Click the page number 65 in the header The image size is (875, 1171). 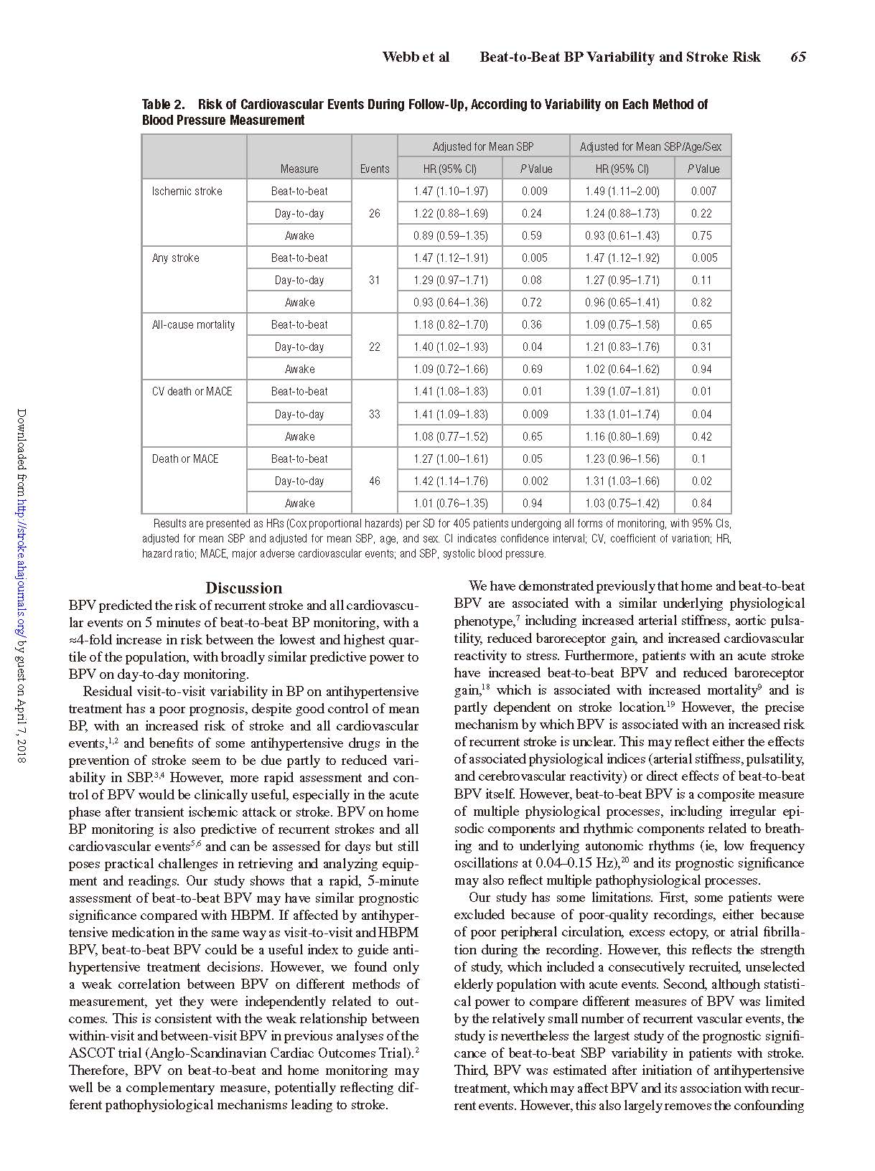coord(797,57)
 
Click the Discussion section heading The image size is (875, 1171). coord(243,588)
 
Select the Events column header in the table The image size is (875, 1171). coord(374,169)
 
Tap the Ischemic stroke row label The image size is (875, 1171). coord(187,191)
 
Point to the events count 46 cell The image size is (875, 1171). coord(374,481)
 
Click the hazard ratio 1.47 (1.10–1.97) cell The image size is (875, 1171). coord(450,191)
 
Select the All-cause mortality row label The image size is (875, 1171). coord(193,324)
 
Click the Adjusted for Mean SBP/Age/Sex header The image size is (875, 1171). coord(650,146)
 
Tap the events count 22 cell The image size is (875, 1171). coord(374,347)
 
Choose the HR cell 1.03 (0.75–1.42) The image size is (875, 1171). coord(622,503)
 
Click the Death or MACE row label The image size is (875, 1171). coord(184,458)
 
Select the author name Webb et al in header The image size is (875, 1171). coord(416,57)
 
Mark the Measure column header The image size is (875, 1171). coord(299,169)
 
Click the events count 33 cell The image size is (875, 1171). coord(374,414)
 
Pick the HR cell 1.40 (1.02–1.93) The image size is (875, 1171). coord(450,347)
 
